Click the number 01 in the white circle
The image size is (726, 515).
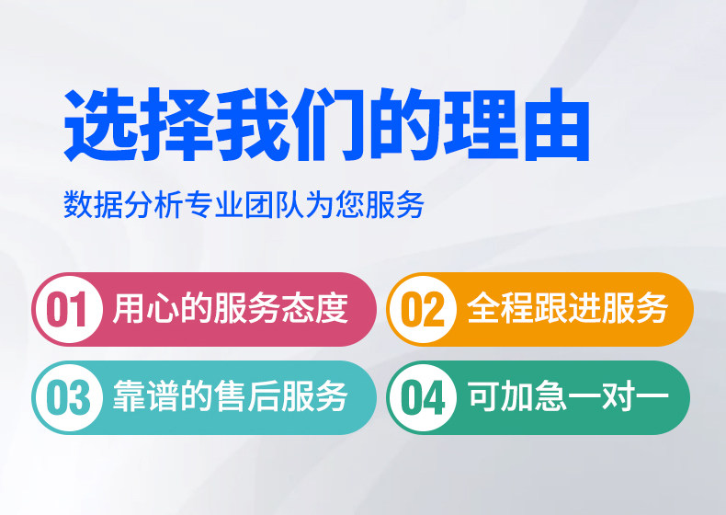click(x=67, y=310)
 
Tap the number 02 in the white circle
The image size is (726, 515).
click(x=422, y=310)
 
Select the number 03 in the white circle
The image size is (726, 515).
click(x=68, y=397)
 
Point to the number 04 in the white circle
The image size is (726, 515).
click(x=423, y=397)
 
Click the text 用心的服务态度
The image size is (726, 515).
click(x=230, y=308)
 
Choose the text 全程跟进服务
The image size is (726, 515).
click(x=567, y=308)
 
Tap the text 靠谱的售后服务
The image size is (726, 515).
click(x=230, y=396)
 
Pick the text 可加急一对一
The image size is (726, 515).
click(x=568, y=395)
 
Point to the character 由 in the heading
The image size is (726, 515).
click(x=557, y=124)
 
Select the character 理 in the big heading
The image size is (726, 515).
click(x=482, y=124)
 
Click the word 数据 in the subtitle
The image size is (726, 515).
click(x=94, y=204)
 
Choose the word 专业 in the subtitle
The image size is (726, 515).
click(x=214, y=204)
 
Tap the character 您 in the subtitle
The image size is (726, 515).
click(x=350, y=204)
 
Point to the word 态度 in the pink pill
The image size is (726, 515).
click(x=314, y=308)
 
